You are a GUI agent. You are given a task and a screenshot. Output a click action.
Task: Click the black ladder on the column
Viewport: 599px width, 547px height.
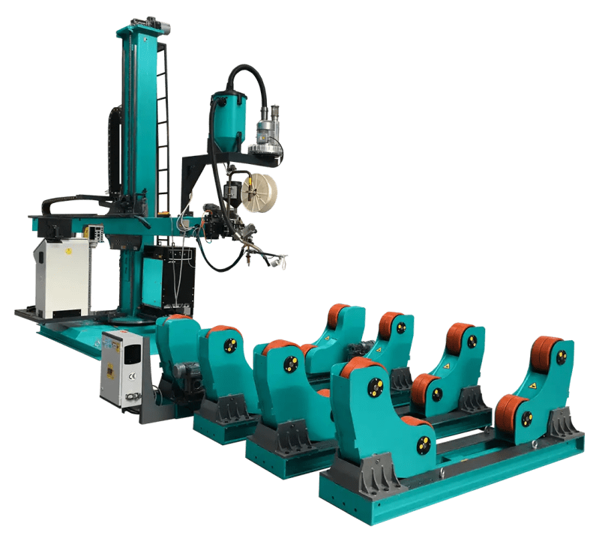[162, 127]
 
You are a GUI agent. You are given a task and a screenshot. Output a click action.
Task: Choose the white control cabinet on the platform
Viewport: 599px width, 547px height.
[61, 277]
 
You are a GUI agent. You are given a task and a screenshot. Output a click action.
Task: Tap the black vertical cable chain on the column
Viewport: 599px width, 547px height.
[115, 150]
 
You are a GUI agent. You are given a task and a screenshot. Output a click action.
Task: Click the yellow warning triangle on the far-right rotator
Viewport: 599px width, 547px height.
[532, 385]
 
